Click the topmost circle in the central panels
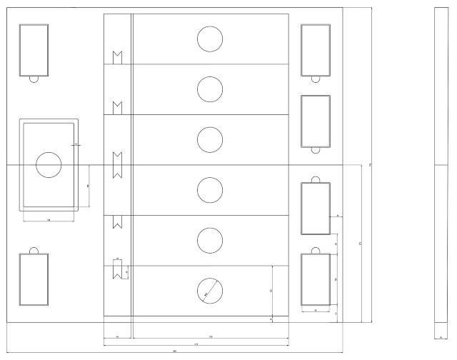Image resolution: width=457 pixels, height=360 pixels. coord(210,39)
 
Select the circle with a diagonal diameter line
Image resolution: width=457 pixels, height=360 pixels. coord(210,290)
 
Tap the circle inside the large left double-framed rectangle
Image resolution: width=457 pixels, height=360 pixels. coord(49,165)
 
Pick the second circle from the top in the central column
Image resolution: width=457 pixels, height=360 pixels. coord(210,89)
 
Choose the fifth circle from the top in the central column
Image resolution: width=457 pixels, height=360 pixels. coord(210,240)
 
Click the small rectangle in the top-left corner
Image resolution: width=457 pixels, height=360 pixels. coord(34,49)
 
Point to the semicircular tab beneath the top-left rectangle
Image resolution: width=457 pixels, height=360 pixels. coord(34,78)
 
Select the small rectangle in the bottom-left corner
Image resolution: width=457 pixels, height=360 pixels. coord(34,279)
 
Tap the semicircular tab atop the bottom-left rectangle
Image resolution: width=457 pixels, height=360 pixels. coord(34,250)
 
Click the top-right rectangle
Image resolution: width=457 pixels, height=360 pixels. coord(315,49)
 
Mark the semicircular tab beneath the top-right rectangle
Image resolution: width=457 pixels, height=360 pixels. coord(315,78)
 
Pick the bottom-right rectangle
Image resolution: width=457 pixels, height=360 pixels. coord(315,279)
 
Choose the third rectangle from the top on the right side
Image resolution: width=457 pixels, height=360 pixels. coord(315,208)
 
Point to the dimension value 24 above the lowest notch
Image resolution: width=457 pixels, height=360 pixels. coord(118,258)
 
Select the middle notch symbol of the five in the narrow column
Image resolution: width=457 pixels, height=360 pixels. coord(118,165)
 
